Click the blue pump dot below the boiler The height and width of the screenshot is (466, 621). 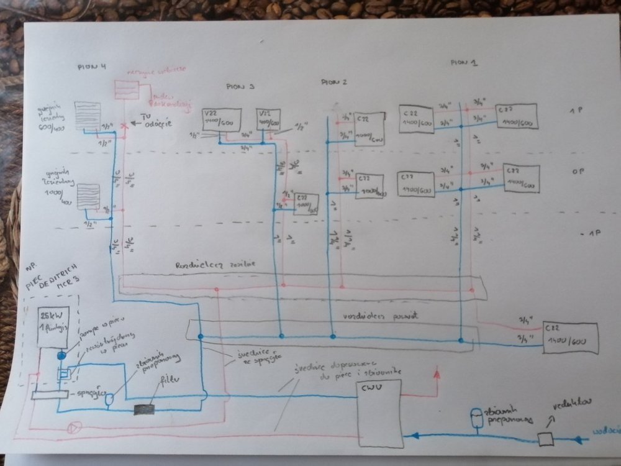62,356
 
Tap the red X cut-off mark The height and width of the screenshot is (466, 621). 124,124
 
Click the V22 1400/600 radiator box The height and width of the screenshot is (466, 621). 217,120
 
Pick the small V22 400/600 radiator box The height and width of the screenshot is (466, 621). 268,119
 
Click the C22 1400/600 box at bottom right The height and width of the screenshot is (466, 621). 570,337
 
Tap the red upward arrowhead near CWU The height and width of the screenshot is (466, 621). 436,374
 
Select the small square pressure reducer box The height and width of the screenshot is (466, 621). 546,439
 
